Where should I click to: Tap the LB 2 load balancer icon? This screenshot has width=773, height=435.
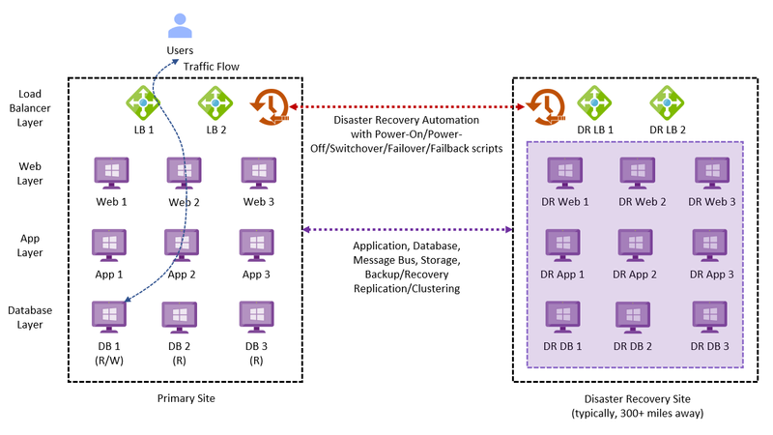[215, 101]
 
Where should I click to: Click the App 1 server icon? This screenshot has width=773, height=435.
[108, 246]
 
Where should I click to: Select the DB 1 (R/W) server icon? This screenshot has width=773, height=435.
[108, 317]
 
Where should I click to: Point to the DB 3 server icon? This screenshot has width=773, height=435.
[255, 317]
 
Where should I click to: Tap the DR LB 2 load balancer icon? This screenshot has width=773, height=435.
[667, 101]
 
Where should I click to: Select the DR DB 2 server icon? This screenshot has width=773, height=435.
[636, 317]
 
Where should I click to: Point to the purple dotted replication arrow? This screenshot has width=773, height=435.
[407, 230]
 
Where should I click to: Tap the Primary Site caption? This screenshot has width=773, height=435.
[186, 397]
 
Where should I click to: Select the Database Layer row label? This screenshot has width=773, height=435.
[29, 317]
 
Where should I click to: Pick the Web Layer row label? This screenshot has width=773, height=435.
[29, 174]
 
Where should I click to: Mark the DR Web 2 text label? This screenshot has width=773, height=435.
[644, 201]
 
